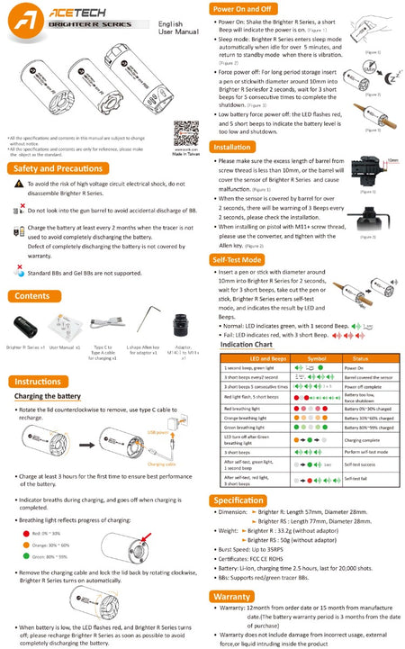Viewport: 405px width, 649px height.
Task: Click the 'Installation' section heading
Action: (232, 146)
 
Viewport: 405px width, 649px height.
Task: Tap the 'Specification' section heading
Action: (238, 500)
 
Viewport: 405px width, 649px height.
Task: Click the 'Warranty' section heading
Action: (231, 596)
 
